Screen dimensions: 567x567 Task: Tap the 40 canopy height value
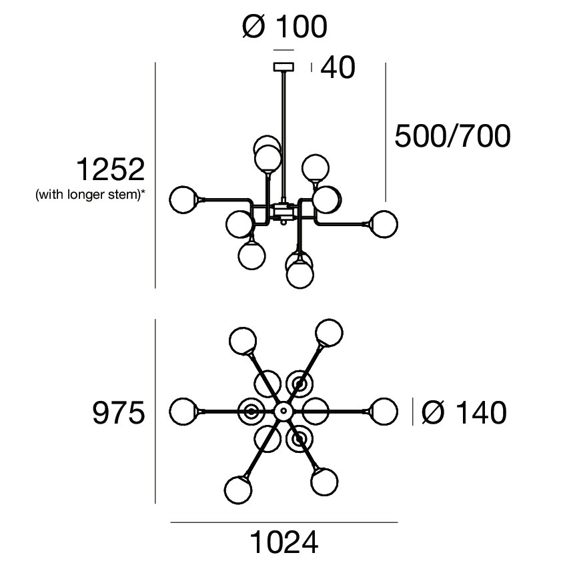click(338, 68)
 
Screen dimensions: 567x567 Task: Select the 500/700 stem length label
click(453, 136)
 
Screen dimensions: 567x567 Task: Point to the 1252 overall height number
click(109, 169)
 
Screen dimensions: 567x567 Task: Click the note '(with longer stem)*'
click(90, 195)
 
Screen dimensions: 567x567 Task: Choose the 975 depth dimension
click(118, 414)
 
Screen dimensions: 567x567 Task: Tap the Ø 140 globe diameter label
click(464, 414)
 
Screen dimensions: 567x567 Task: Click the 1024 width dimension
click(284, 543)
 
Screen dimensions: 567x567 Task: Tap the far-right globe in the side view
click(383, 223)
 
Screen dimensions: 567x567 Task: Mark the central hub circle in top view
click(283, 411)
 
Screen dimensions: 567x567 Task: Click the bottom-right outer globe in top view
click(324, 481)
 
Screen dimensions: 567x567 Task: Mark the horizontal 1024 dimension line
click(284, 522)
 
